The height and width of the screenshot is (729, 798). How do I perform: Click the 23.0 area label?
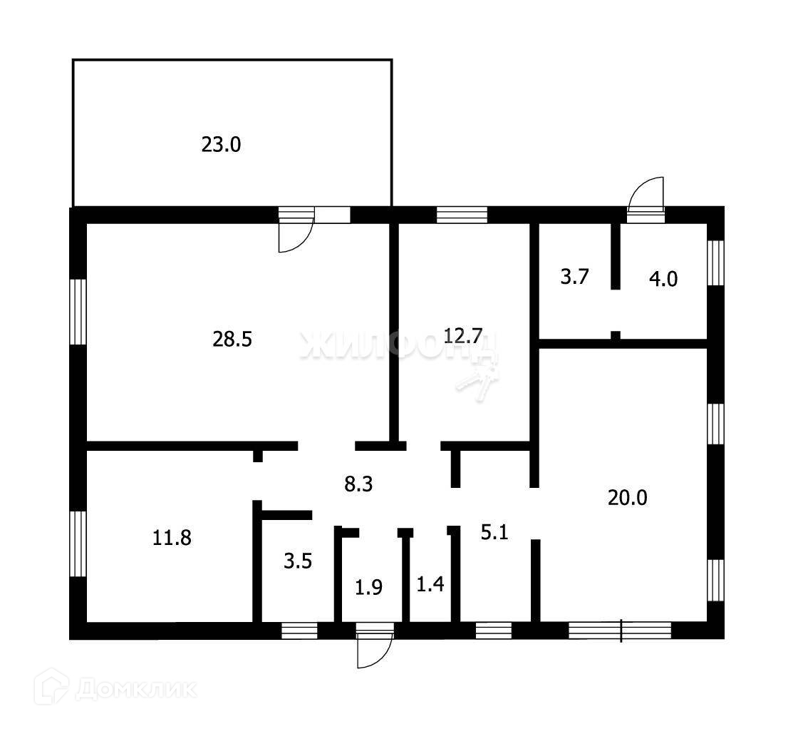click(222, 146)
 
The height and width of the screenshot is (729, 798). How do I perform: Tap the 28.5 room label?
click(232, 340)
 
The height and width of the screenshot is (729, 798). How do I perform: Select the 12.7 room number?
click(462, 335)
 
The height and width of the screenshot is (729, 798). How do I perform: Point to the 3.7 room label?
click(574, 277)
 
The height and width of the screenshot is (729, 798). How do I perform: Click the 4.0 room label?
click(663, 278)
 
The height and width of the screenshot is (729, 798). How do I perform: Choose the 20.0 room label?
click(627, 497)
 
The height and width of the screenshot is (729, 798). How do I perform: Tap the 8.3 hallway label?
click(359, 485)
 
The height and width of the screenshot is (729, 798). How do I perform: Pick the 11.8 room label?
click(172, 537)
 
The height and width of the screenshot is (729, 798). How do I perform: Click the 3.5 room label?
click(298, 561)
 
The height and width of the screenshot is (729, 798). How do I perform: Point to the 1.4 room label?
click(430, 586)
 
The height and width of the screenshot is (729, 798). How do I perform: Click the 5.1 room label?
click(494, 532)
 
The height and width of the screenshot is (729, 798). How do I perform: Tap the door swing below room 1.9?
click(375, 650)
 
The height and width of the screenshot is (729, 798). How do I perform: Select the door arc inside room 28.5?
click(295, 236)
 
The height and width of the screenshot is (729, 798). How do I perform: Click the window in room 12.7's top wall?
click(462, 215)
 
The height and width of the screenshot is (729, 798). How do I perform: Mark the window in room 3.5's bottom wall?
click(299, 630)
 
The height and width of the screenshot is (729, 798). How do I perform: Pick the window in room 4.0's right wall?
click(715, 262)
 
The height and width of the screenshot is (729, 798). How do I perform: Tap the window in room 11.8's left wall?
click(78, 544)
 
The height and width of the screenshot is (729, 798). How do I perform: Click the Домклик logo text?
click(136, 689)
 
